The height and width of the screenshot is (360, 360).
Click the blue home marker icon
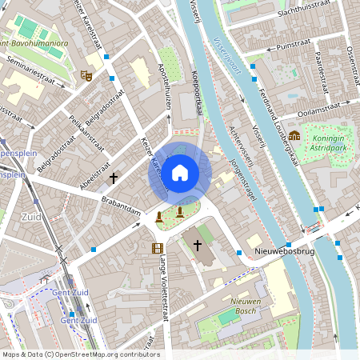(180, 173)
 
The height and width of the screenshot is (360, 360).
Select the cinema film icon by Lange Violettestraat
(157, 248)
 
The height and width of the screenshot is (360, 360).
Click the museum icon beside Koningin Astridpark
(294, 135)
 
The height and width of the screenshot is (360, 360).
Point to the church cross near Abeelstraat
(114, 177)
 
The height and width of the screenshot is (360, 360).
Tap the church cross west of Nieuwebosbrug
(197, 245)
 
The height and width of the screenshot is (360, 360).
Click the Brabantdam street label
(121, 207)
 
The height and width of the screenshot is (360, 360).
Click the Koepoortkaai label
(196, 96)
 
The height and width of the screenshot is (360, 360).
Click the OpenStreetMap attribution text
(80, 354)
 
